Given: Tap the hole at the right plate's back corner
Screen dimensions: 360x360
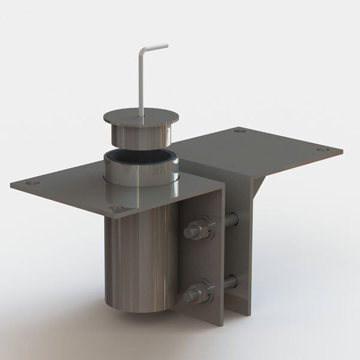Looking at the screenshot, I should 240,130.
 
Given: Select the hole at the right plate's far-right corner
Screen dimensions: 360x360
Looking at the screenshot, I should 320,149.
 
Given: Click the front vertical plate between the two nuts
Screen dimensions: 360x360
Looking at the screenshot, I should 201,261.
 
